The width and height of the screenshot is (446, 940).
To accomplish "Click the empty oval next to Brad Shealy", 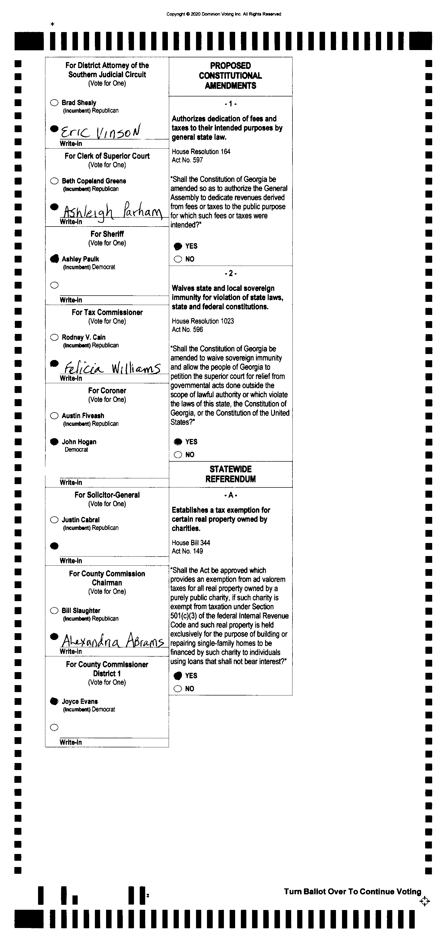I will [x=54, y=102].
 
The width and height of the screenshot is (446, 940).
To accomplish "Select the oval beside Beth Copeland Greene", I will [x=54, y=181].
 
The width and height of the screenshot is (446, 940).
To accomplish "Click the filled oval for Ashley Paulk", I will [x=54, y=259].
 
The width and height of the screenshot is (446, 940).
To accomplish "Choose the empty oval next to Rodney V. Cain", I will [x=54, y=337].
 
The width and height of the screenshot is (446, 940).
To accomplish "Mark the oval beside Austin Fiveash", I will [x=54, y=416].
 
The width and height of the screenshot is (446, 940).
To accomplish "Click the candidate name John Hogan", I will [x=79, y=442].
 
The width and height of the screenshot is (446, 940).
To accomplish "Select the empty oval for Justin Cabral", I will [x=54, y=520].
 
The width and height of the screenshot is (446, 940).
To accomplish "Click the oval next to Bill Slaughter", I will [x=54, y=611].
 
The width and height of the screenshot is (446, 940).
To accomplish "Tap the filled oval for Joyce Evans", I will [x=54, y=701].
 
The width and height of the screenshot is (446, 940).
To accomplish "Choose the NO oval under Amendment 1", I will [x=178, y=259].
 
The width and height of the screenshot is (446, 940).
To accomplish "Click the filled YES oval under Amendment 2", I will [x=178, y=442].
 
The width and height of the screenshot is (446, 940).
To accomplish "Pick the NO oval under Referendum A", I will [x=178, y=689].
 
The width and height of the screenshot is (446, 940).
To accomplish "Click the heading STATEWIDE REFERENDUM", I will [x=230, y=474].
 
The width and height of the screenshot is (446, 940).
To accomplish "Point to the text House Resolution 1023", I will [x=203, y=321].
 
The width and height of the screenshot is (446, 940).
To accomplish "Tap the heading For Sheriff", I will [x=107, y=234].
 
